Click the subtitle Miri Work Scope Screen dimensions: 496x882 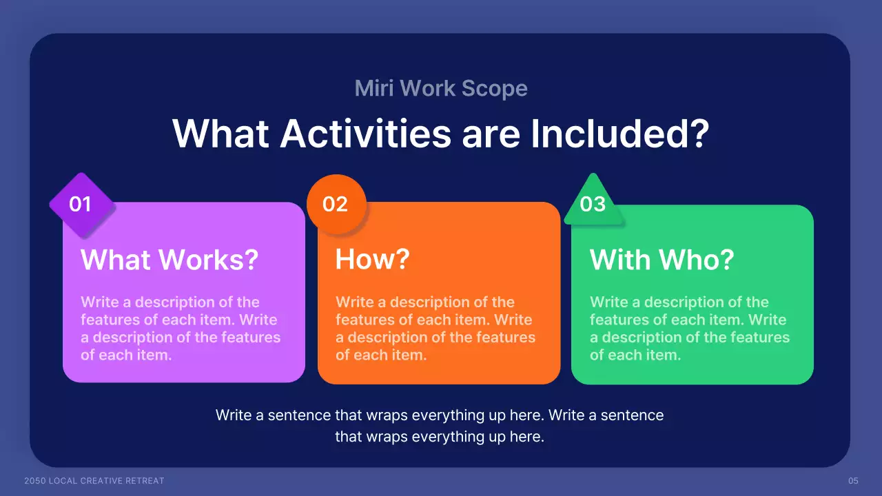[x=441, y=88]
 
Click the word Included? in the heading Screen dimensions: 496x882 [x=619, y=133]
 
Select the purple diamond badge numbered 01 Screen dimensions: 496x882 [x=81, y=205]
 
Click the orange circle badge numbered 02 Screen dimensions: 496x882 [x=336, y=205]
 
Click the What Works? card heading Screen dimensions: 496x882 [x=170, y=260]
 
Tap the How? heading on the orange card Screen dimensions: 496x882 [x=372, y=260]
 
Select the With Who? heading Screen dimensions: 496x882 [x=661, y=260]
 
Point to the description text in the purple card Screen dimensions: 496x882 [x=181, y=329]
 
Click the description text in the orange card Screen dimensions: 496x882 [x=435, y=329]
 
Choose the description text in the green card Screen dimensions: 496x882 [x=690, y=329]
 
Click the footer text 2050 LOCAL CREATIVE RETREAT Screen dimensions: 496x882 [x=94, y=480]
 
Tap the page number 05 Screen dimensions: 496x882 [x=853, y=480]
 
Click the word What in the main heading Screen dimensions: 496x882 [x=220, y=133]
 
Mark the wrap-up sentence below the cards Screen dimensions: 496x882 [x=440, y=426]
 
